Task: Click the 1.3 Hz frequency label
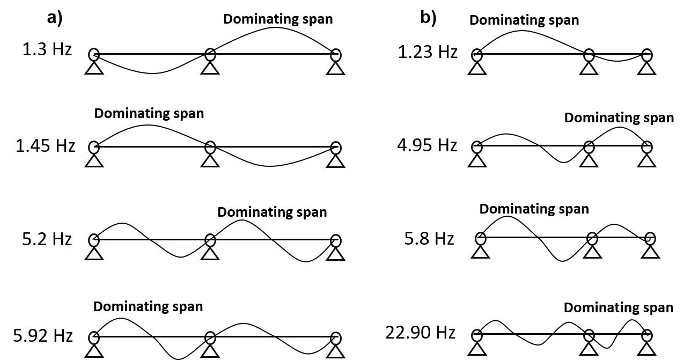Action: pyautogui.click(x=47, y=49)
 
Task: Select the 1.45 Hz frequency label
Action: pyautogui.click(x=45, y=145)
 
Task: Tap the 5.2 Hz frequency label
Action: pyautogui.click(x=47, y=239)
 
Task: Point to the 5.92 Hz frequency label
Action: pyautogui.click(x=43, y=335)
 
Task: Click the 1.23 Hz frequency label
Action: pyautogui.click(x=428, y=52)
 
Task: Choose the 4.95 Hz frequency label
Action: pyautogui.click(x=427, y=145)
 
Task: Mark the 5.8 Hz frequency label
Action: pyautogui.click(x=429, y=238)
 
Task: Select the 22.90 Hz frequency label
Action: pyautogui.click(x=420, y=332)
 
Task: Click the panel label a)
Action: pyautogui.click(x=55, y=18)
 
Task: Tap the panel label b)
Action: pyautogui.click(x=429, y=17)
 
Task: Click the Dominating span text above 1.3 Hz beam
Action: pyautogui.click(x=278, y=19)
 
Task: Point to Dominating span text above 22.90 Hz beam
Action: pyautogui.click(x=619, y=307)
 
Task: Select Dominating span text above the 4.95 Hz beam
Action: pyautogui.click(x=619, y=117)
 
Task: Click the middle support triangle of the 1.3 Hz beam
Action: pyautogui.click(x=210, y=68)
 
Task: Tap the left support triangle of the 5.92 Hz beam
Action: pyautogui.click(x=94, y=350)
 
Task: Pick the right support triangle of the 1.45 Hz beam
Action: pyautogui.click(x=336, y=161)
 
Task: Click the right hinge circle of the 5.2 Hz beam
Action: pyautogui.click(x=336, y=240)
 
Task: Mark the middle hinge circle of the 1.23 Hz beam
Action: pyautogui.click(x=589, y=55)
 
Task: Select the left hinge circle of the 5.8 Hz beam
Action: pyautogui.click(x=480, y=238)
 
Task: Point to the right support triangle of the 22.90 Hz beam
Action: pyautogui.click(x=646, y=349)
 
